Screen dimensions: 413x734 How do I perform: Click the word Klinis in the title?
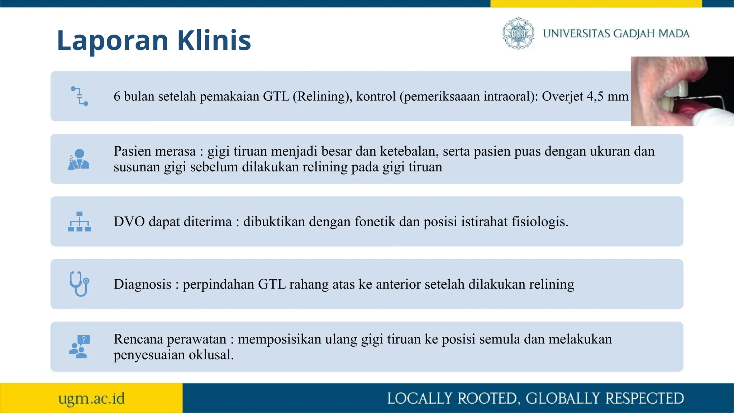(x=214, y=40)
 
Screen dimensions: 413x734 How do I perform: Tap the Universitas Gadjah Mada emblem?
(x=518, y=33)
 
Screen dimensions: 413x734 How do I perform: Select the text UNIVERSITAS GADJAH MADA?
(x=616, y=34)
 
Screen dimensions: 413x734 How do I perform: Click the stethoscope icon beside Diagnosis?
(x=79, y=284)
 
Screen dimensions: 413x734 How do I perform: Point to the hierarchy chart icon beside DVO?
(x=79, y=222)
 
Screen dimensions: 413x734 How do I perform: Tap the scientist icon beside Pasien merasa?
(x=78, y=159)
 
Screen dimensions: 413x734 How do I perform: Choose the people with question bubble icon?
(x=79, y=347)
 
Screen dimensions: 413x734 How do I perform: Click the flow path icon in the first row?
(x=79, y=96)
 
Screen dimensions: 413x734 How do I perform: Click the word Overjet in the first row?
(x=562, y=96)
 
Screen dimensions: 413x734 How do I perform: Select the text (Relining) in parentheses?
(x=322, y=96)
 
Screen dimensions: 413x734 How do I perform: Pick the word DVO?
(x=129, y=222)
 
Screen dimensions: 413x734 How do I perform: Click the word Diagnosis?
(x=142, y=284)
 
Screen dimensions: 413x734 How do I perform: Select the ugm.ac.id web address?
(x=91, y=398)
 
